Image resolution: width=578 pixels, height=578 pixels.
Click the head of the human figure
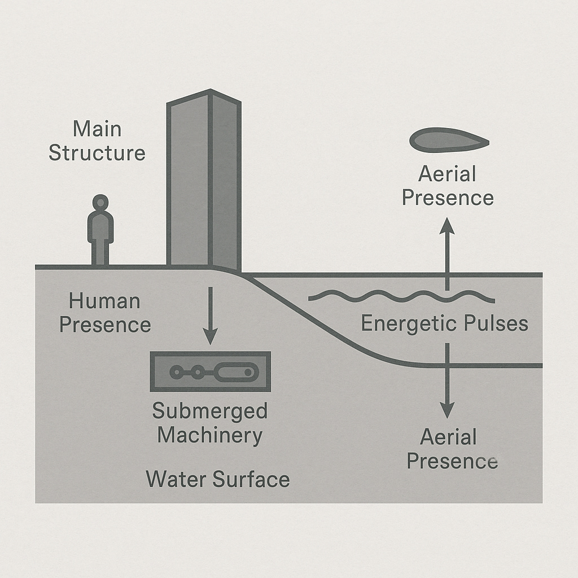(x=100, y=203)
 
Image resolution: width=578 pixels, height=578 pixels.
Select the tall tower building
(x=204, y=181)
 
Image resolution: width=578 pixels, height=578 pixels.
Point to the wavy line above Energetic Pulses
(x=401, y=296)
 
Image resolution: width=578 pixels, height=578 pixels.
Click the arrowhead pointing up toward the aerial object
(x=448, y=225)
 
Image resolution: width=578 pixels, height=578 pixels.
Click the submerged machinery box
(x=210, y=371)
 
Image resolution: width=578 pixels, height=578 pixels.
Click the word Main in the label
(x=97, y=129)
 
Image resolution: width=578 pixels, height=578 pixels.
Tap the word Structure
(x=97, y=153)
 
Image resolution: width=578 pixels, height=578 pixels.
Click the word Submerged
(x=210, y=411)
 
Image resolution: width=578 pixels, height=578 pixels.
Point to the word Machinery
(x=210, y=435)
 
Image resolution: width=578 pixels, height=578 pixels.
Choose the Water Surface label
(x=218, y=480)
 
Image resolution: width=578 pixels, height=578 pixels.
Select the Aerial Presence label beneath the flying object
(x=448, y=186)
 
